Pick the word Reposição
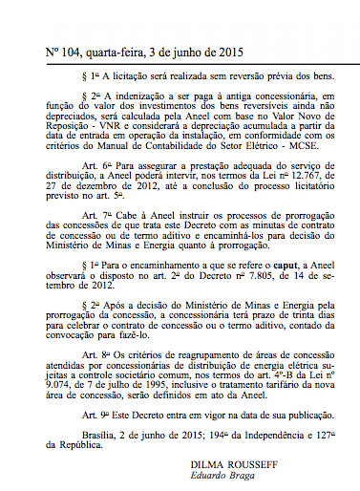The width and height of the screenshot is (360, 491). [x=66, y=136]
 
